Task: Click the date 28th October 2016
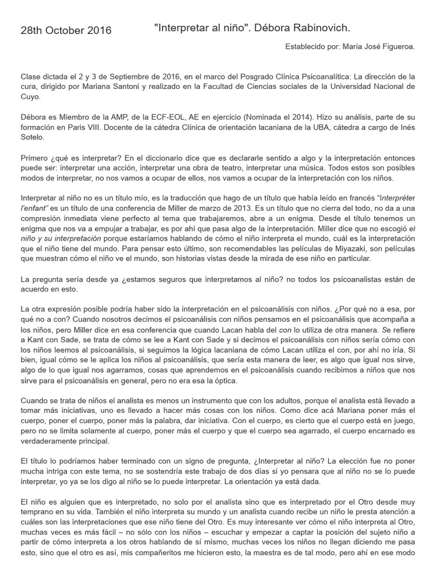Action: [66, 31]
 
